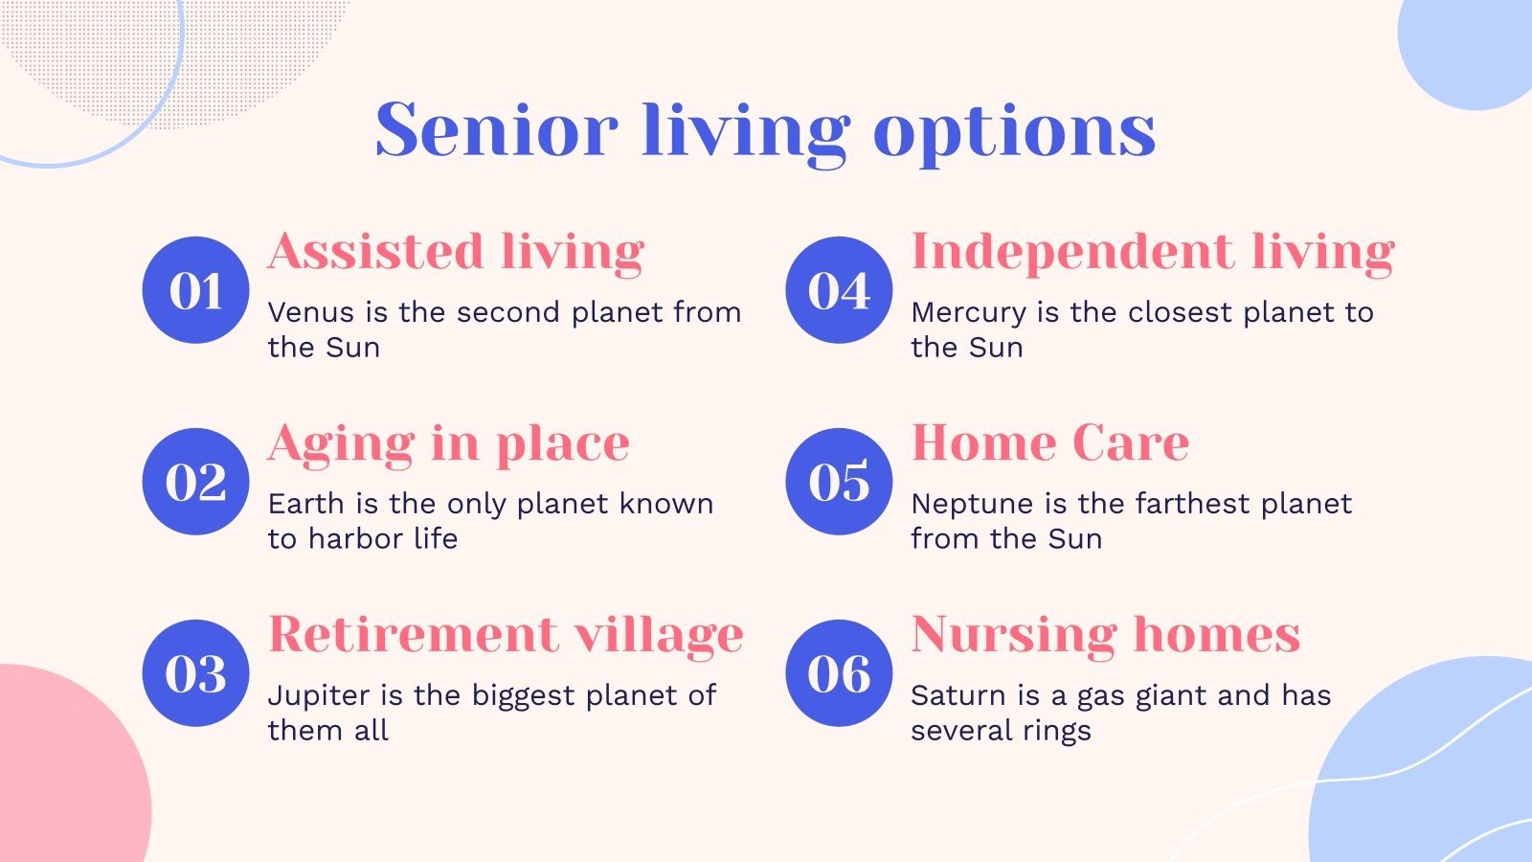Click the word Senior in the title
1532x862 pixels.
pos(497,130)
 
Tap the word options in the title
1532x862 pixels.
pos(1014,134)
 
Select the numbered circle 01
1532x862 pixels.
pos(195,290)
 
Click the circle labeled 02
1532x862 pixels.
pos(195,482)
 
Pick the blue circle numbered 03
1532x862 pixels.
pos(195,673)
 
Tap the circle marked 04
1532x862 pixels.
pos(839,290)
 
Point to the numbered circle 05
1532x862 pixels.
pos(839,482)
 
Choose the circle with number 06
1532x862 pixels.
pos(839,673)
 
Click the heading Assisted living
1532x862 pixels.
pos(456,253)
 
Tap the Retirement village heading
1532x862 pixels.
pos(506,636)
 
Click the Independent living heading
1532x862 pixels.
pos(1153,253)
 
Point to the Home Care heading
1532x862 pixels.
pos(1050,442)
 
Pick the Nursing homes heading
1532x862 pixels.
pos(1106,636)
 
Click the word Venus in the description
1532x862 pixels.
pos(311,312)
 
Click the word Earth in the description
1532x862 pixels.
pos(306,504)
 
